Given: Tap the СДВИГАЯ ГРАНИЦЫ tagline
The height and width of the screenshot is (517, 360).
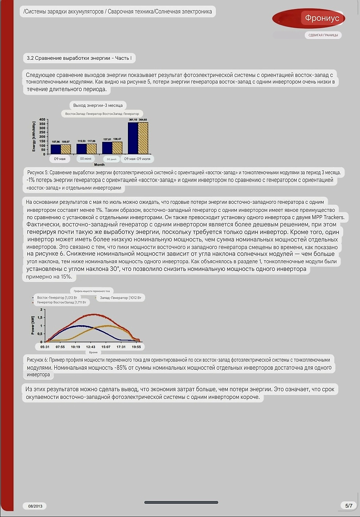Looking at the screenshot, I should tap(323, 35).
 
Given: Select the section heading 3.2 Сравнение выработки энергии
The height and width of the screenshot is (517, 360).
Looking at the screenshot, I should tap(79, 58).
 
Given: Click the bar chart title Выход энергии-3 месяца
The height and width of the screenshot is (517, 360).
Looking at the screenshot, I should tap(98, 105).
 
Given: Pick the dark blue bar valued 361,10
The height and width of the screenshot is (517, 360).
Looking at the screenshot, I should tap(133, 138).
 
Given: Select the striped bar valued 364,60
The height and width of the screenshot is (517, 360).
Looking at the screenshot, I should tap(143, 138).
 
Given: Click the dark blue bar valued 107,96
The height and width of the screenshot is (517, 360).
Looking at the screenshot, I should tap(56, 149).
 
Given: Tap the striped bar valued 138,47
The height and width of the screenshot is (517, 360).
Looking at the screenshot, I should tap(117, 148).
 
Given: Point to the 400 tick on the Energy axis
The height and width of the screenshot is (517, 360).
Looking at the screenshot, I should tap(42, 120).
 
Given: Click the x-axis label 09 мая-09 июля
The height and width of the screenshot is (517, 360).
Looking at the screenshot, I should tap(137, 159).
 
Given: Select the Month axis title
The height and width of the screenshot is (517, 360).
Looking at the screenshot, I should tap(99, 165).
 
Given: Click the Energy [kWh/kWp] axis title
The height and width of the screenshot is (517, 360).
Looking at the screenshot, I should tap(34, 136).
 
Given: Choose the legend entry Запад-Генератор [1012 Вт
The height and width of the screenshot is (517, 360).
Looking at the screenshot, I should tap(120, 298).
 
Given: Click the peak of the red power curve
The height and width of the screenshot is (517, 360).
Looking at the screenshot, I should tap(95, 314).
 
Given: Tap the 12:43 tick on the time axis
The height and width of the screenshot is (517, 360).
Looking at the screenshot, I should tap(91, 347).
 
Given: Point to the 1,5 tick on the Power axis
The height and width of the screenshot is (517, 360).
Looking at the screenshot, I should tap(39, 318).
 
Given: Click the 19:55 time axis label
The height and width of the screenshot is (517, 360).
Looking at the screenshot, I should tap(136, 347).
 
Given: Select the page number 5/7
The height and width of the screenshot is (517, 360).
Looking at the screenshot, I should tap(349, 506).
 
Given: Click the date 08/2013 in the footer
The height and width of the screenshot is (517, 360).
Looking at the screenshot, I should tap(35, 506).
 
